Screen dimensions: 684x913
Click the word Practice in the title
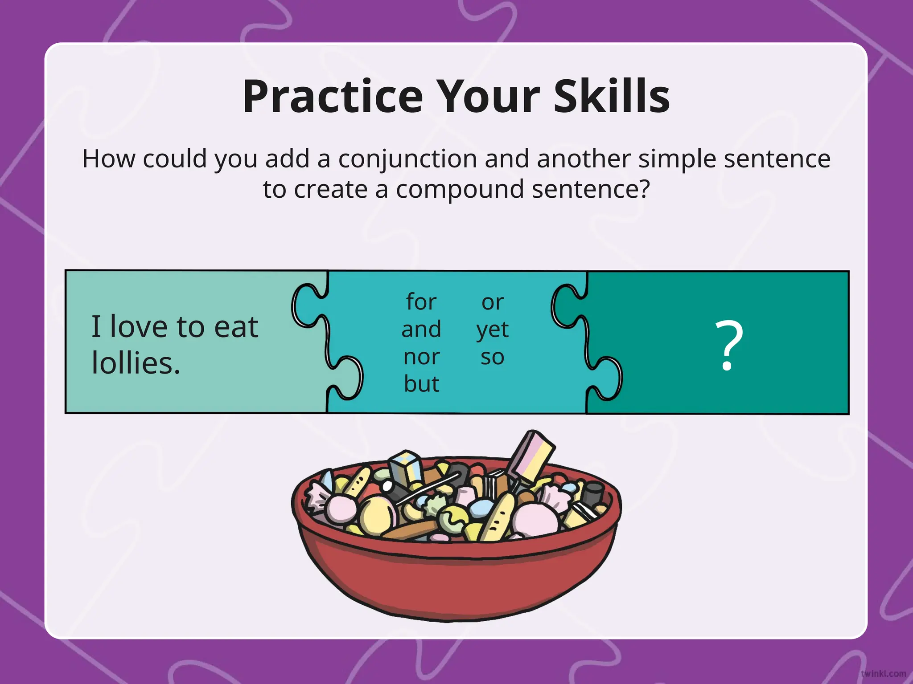tap(332, 97)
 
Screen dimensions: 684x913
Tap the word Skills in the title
tap(612, 97)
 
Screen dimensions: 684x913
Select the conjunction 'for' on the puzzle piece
tap(421, 302)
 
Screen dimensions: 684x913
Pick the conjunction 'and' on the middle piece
tap(421, 329)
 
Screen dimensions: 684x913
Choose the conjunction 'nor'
tap(421, 357)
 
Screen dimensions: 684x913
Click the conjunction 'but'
tap(421, 384)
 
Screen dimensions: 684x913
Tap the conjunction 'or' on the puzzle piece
tap(492, 303)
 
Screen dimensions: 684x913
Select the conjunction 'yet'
tap(492, 330)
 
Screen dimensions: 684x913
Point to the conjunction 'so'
tap(492, 357)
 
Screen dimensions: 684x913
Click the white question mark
tap(729, 345)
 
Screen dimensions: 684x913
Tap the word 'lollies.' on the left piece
tap(136, 362)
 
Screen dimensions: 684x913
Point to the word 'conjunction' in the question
tap(408, 159)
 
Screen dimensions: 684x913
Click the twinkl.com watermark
tap(883, 674)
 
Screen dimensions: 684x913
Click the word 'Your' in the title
tap(488, 97)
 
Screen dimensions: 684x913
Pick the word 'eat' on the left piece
tap(236, 327)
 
